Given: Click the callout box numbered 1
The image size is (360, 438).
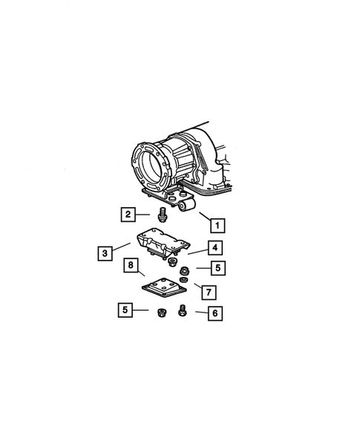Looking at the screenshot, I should click(216, 223).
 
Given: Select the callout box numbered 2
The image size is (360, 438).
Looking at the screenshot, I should click(128, 215).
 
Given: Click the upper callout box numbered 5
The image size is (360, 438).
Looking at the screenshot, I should click(217, 267).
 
